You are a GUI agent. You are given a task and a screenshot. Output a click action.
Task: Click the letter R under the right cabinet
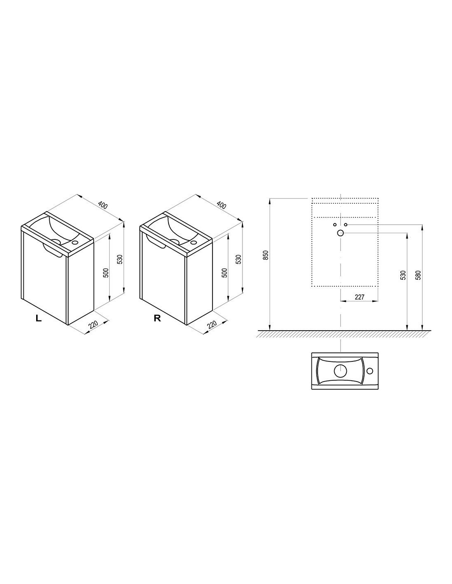click(x=157, y=318)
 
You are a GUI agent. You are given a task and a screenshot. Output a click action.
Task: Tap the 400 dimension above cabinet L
click(x=103, y=205)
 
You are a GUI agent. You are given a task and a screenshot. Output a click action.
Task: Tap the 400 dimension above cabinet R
click(x=221, y=205)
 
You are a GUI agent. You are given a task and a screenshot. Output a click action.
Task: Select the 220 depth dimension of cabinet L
click(x=93, y=325)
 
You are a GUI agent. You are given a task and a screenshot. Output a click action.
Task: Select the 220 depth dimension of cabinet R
click(x=212, y=325)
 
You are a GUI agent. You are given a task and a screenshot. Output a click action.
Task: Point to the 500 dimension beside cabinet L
click(x=106, y=273)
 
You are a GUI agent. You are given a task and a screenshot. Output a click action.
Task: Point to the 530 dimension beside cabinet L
click(x=120, y=259)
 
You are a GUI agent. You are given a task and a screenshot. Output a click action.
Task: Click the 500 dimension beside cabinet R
click(x=225, y=273)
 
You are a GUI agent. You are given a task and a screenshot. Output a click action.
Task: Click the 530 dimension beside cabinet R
click(x=239, y=259)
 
